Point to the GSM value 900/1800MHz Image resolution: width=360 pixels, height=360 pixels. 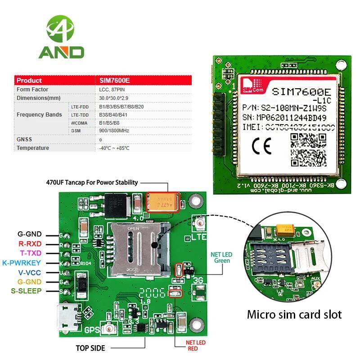[114, 131]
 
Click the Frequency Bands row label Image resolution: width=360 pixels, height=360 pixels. [39, 115]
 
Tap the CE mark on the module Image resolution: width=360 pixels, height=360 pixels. [261, 147]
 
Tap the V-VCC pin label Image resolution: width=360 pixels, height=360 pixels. [30, 272]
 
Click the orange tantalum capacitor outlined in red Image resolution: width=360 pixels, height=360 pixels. [163, 202]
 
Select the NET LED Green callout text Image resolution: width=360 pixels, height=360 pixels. [221, 257]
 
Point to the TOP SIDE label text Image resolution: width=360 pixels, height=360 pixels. [90, 348]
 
